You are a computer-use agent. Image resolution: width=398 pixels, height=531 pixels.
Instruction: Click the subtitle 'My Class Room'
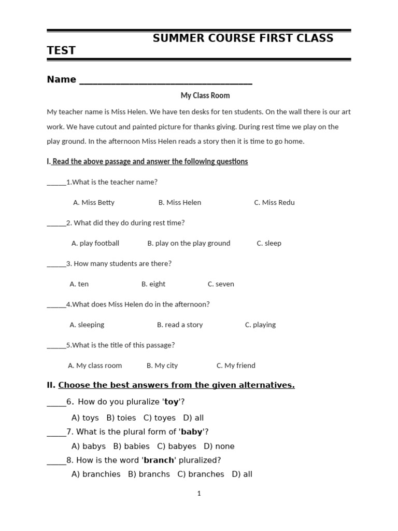205,95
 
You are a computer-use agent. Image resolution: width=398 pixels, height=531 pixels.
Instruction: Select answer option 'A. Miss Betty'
94,202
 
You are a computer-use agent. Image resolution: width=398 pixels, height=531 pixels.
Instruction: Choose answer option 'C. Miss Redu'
274,202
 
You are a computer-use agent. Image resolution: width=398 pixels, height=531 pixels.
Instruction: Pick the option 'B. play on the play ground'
189,243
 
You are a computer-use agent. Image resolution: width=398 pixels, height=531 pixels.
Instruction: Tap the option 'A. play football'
95,243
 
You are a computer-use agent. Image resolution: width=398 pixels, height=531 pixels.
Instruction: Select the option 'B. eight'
153,284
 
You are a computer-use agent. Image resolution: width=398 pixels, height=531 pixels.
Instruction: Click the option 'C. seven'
221,284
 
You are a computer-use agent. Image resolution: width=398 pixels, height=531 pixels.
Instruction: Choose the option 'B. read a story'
180,325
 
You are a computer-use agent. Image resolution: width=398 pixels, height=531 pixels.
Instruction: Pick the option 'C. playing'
260,325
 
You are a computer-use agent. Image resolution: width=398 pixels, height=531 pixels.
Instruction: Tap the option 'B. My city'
162,366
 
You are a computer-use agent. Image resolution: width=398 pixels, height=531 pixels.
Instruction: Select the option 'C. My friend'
236,366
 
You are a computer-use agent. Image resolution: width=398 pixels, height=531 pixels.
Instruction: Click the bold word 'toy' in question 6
171,402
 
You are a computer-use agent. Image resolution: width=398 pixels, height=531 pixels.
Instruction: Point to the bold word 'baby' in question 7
191,432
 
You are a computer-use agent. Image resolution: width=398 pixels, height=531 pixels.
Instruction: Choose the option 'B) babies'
131,446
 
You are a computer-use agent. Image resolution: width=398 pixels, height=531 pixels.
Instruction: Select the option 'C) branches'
201,474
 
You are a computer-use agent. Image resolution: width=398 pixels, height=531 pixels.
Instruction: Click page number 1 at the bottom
199,494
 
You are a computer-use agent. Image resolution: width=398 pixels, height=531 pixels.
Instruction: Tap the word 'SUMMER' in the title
177,38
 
